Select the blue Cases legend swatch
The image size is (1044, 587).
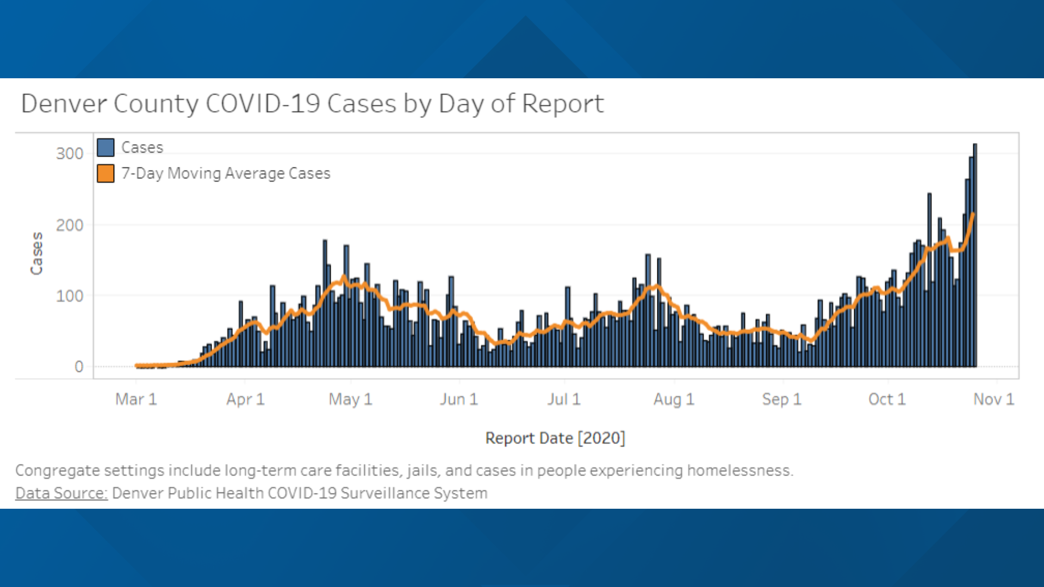tap(105, 147)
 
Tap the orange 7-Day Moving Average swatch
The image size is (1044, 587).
tap(105, 173)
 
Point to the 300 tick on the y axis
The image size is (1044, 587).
tap(70, 154)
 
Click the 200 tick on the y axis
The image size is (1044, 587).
tap(70, 225)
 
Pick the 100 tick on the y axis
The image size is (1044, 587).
tap(70, 296)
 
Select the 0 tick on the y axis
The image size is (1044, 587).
tap(79, 367)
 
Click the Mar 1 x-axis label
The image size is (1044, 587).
tap(136, 399)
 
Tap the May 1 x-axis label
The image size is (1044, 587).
tap(350, 399)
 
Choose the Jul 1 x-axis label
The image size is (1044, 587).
tap(564, 399)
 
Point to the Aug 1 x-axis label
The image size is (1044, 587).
tap(674, 399)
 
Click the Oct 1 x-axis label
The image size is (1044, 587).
tap(887, 399)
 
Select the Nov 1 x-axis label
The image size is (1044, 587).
tap(993, 399)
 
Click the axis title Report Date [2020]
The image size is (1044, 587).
tap(555, 438)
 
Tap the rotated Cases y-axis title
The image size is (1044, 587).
tap(36, 253)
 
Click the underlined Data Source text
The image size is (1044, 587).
tap(61, 494)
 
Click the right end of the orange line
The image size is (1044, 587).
tap(973, 214)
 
